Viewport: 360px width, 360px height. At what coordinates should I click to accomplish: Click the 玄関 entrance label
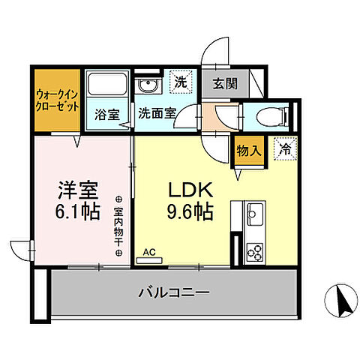pyautogui.click(x=223, y=83)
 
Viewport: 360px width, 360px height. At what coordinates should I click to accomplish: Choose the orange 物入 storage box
pyautogui.click(x=249, y=151)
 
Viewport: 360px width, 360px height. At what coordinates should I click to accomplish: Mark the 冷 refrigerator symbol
pyautogui.click(x=284, y=149)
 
